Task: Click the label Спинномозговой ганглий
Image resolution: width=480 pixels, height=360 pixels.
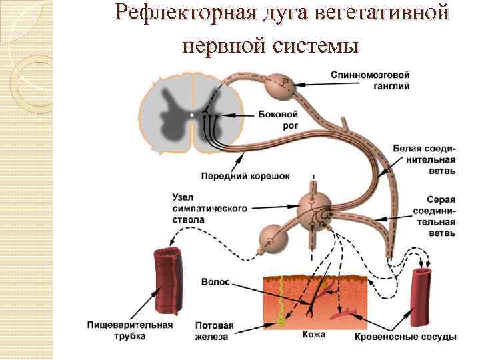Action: click(x=378, y=81)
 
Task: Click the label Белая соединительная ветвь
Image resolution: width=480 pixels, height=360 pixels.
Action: click(x=424, y=159)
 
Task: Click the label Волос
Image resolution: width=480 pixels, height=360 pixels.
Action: click(x=215, y=282)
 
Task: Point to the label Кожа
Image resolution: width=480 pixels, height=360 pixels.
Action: click(x=314, y=334)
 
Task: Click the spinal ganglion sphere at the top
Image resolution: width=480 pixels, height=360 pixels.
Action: click(x=279, y=85)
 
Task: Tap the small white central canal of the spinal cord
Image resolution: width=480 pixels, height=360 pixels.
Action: click(x=191, y=115)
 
